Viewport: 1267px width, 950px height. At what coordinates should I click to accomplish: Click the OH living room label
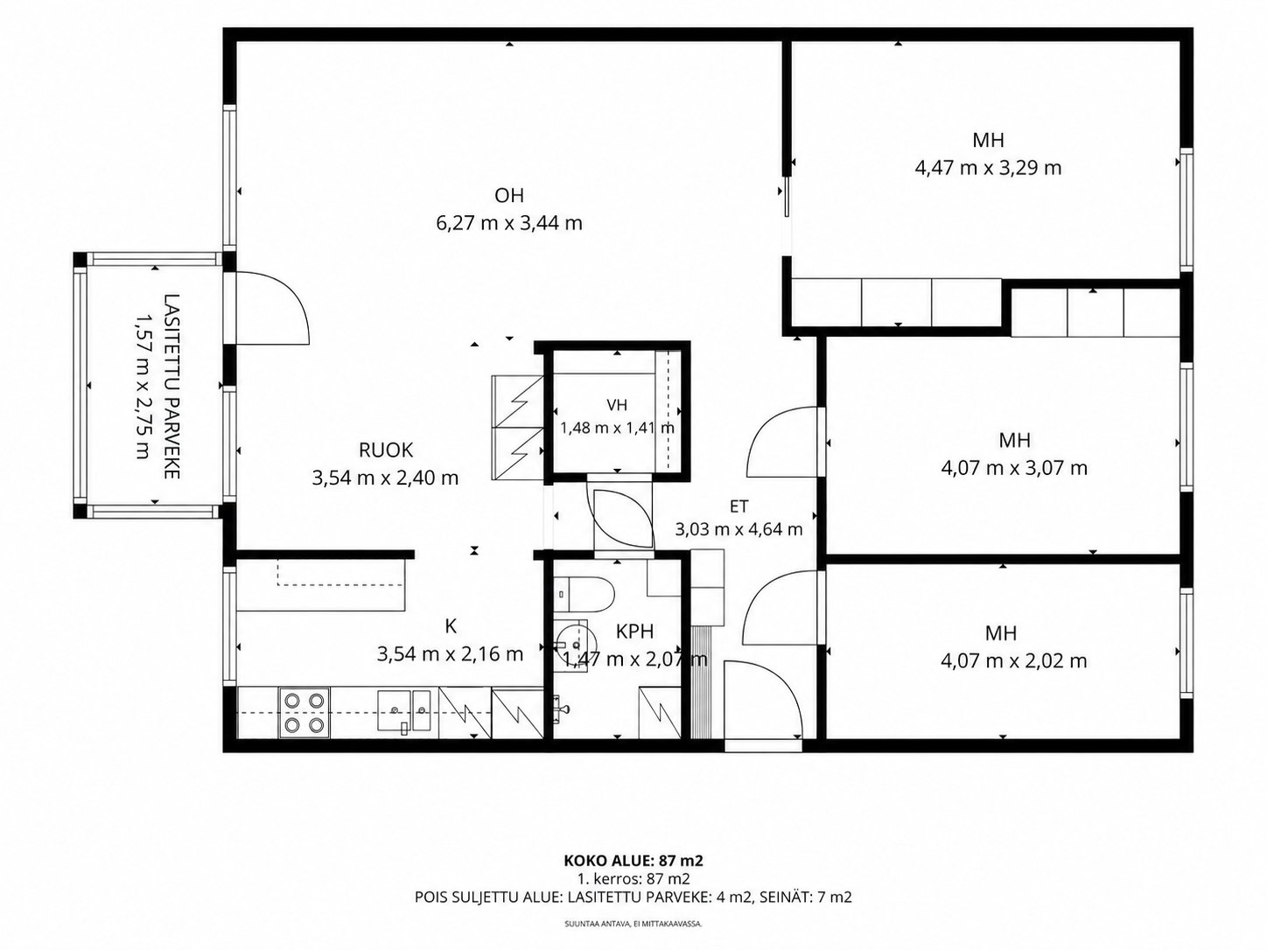[x=509, y=196]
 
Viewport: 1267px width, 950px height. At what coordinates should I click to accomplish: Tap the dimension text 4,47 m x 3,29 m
[x=988, y=168]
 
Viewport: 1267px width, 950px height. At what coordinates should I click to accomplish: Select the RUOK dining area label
[x=386, y=450]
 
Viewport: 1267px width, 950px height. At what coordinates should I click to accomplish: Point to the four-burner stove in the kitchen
[x=304, y=712]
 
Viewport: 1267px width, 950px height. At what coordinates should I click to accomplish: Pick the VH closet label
[x=617, y=405]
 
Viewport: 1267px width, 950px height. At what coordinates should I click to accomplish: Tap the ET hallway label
[x=738, y=506]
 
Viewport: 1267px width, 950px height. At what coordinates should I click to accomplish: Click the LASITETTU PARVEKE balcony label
[x=172, y=387]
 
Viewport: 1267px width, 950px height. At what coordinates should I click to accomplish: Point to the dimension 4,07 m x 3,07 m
[x=1014, y=468]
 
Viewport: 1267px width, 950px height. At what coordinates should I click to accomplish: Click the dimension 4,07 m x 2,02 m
[x=1013, y=661]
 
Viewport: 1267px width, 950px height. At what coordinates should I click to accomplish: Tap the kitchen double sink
[x=404, y=710]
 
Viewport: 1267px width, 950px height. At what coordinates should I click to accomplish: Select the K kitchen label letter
[x=451, y=625]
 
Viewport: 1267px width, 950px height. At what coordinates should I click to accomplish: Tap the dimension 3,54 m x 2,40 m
[x=385, y=478]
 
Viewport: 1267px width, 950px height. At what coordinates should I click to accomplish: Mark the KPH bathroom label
[x=634, y=632]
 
